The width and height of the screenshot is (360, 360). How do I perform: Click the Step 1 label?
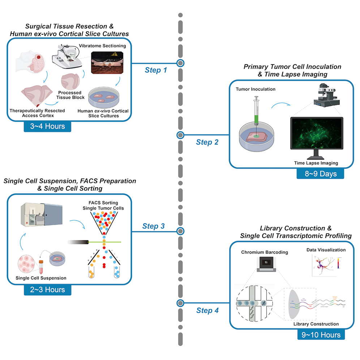[156, 70]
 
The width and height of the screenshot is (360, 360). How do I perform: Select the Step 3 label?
[153, 226]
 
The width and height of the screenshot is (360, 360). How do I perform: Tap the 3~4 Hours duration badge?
[47, 127]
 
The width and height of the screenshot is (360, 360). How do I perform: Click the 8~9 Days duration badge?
[320, 173]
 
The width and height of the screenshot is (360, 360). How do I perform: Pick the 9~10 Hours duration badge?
[321, 335]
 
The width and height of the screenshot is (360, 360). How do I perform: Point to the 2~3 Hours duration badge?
[47, 290]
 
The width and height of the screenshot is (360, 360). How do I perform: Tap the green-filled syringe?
[256, 112]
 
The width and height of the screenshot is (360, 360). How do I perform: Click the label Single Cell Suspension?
[41, 278]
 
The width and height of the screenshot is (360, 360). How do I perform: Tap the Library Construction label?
[316, 324]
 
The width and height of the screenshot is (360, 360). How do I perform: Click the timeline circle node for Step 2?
[180, 135]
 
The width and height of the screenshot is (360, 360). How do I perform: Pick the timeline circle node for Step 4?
[180, 303]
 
